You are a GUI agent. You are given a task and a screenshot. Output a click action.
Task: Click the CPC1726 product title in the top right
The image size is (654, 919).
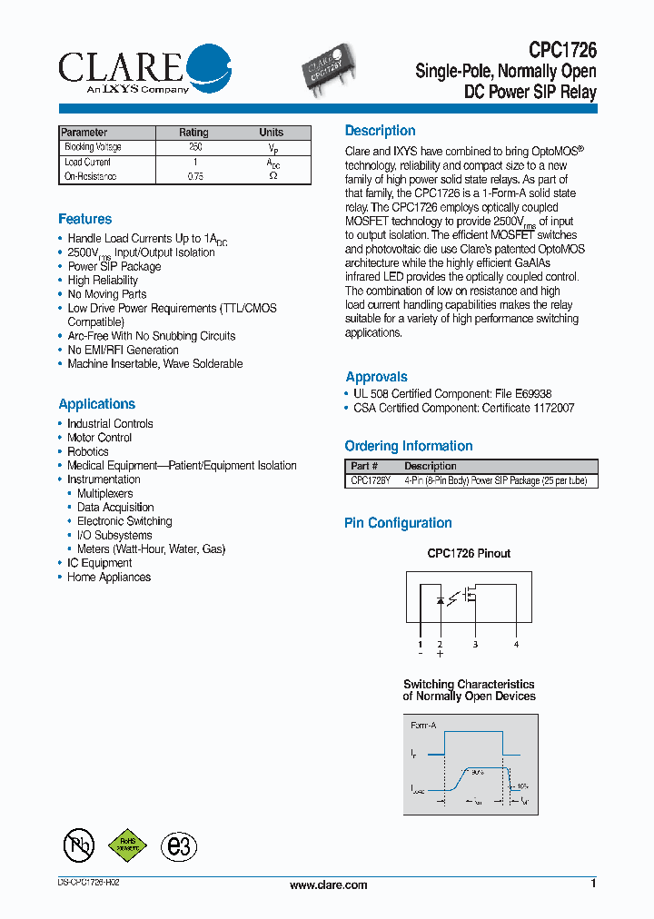click(562, 52)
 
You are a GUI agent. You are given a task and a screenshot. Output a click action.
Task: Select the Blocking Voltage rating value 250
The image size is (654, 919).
click(194, 147)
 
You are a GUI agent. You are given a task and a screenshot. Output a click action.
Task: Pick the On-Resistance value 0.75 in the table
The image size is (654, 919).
click(194, 177)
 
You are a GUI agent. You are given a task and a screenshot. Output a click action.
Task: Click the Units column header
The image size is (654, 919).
click(271, 133)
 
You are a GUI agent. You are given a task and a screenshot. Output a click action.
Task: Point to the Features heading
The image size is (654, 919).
click(85, 219)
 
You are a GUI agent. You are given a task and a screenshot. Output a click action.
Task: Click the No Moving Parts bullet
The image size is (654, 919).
click(106, 294)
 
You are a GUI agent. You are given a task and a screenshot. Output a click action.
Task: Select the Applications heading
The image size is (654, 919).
click(96, 404)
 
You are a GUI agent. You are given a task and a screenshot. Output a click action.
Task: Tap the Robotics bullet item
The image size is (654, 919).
click(87, 451)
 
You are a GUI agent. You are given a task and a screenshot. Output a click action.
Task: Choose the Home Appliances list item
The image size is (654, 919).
click(109, 578)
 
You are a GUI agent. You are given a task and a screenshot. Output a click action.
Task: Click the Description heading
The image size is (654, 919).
click(380, 131)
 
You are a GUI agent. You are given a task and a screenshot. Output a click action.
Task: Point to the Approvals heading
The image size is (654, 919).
click(376, 377)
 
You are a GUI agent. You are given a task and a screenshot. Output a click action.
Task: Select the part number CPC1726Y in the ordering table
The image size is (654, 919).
click(371, 481)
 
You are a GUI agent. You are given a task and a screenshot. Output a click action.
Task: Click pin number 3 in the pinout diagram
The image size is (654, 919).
click(474, 644)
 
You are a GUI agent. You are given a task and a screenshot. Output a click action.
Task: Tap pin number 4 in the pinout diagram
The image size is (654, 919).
click(516, 644)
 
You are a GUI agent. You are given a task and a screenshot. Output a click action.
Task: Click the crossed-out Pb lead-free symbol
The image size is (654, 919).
click(79, 846)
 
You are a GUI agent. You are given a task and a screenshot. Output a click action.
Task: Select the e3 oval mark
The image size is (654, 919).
click(179, 846)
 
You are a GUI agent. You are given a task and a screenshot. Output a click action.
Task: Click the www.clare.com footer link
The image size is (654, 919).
click(328, 885)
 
